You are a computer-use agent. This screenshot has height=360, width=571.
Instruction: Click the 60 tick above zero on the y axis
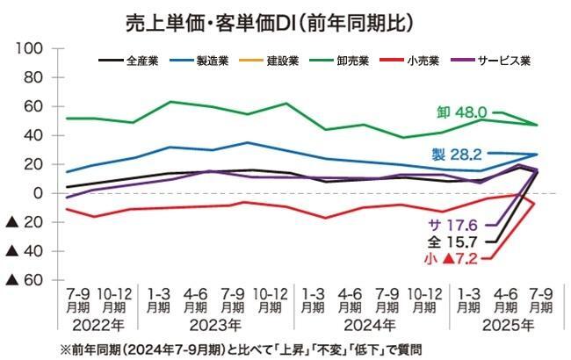click(x=33, y=106)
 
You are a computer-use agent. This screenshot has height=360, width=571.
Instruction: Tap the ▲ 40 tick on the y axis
click(x=25, y=251)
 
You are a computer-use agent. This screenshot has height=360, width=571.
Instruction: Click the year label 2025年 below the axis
click(x=499, y=325)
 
